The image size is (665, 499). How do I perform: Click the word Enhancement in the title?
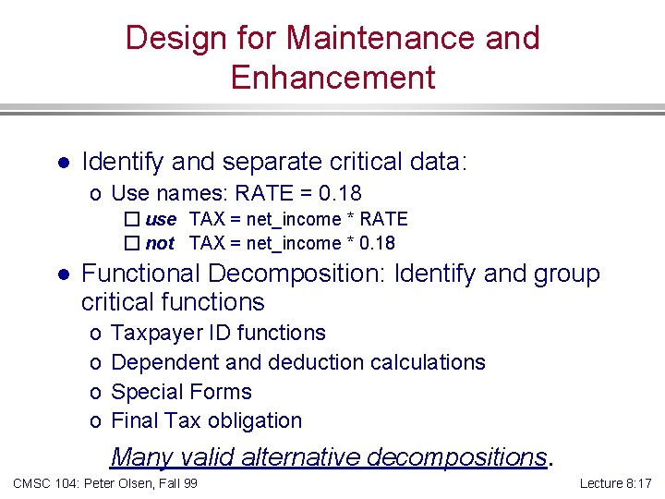[x=332, y=77]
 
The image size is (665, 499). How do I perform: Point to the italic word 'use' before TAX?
[x=160, y=220]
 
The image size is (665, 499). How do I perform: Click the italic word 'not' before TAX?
[x=160, y=244]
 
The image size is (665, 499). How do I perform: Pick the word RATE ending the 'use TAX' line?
[x=383, y=219]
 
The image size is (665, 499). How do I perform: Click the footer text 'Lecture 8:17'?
[x=616, y=483]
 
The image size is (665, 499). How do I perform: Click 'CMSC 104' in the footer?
[x=41, y=483]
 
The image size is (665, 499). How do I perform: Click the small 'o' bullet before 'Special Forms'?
[x=96, y=392]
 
